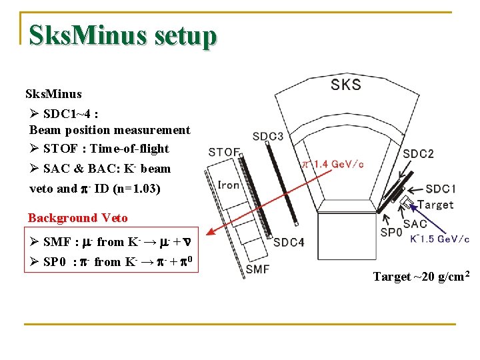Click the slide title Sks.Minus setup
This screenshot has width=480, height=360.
[123, 35]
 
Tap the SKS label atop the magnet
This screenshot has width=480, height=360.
[345, 84]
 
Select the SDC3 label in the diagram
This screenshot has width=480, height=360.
[267, 137]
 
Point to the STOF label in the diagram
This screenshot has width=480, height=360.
[223, 152]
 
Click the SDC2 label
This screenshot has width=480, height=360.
[418, 154]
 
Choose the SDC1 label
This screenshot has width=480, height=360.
[441, 189]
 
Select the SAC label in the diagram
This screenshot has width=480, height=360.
[415, 224]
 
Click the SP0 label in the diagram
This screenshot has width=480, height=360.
[391, 233]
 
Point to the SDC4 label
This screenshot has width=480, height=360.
[288, 242]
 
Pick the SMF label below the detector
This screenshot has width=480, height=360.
[257, 269]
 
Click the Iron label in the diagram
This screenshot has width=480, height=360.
[229, 185]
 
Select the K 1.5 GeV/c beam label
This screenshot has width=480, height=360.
[440, 239]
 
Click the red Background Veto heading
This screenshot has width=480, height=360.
[77, 218]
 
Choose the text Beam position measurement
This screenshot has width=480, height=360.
[110, 130]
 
